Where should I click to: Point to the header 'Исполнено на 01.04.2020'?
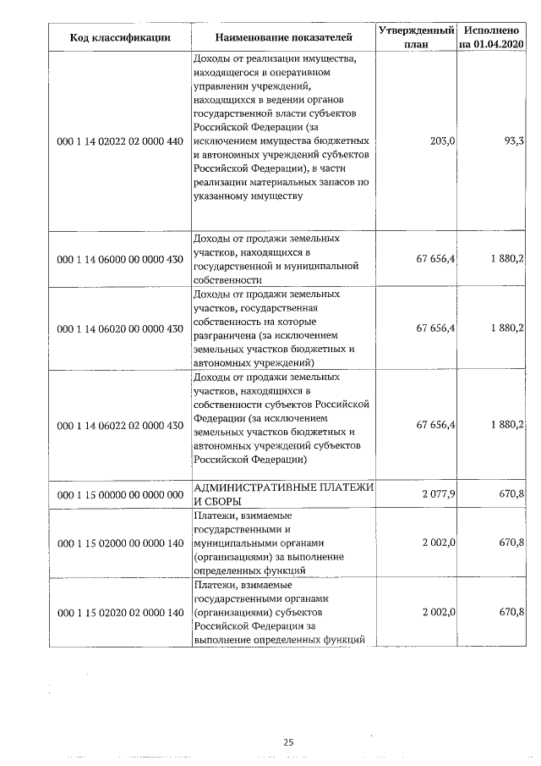[491, 36]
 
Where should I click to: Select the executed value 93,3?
[513, 141]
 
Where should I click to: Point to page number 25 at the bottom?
[288, 742]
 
